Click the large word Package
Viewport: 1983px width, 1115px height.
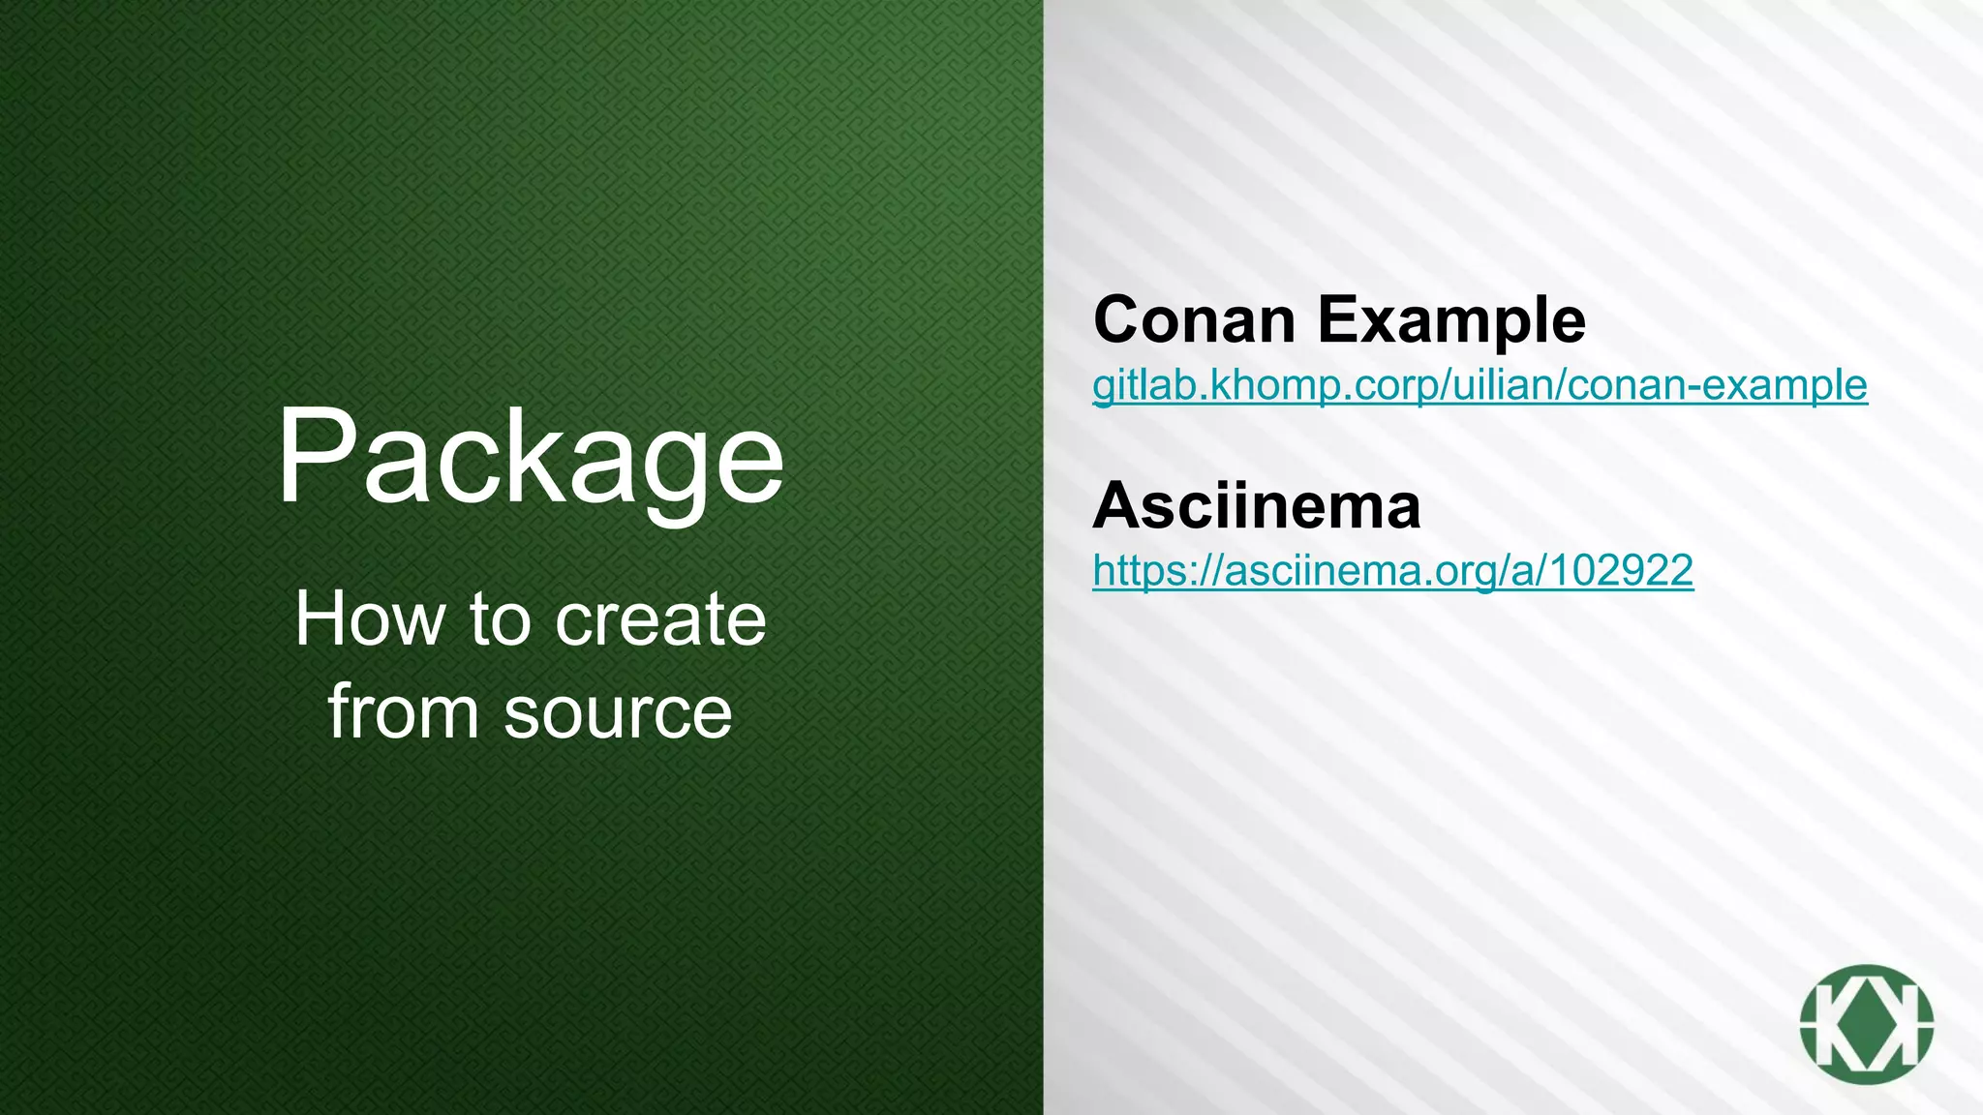click(x=530, y=458)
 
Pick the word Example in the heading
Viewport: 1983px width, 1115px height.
click(x=1451, y=321)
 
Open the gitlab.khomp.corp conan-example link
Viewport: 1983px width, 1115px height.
click(x=1480, y=385)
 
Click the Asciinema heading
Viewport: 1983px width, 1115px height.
click(x=1257, y=505)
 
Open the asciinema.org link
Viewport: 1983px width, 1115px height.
click(x=1392, y=570)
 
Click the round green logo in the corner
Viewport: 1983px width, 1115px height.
click(x=1866, y=1024)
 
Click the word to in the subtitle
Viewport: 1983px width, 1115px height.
click(x=502, y=619)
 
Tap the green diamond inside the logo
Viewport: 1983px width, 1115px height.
click(x=1866, y=1024)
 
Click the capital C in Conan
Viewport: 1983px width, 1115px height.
click(x=1120, y=319)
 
